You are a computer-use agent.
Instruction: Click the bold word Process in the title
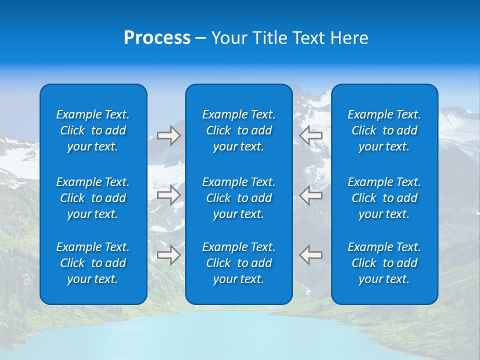[157, 38]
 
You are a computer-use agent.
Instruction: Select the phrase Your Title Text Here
[289, 38]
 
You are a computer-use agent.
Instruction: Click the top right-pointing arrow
[168, 135]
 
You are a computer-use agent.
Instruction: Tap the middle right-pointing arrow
[168, 195]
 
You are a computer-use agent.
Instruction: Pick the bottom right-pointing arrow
[168, 255]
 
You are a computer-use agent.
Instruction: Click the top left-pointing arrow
[311, 135]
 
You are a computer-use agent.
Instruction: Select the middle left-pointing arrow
[311, 195]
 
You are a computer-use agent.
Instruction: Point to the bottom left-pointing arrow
[311, 255]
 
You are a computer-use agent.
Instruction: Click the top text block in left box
[93, 130]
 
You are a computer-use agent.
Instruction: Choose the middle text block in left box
[93, 198]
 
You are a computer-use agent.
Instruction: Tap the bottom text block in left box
[93, 263]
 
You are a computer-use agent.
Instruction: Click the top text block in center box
[238, 130]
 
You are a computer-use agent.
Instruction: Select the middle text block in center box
[238, 198]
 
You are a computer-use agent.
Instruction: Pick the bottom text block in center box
[238, 263]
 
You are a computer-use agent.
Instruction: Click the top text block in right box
[384, 130]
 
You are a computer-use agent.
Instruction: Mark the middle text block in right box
[384, 198]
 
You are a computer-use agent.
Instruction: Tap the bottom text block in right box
[384, 263]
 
